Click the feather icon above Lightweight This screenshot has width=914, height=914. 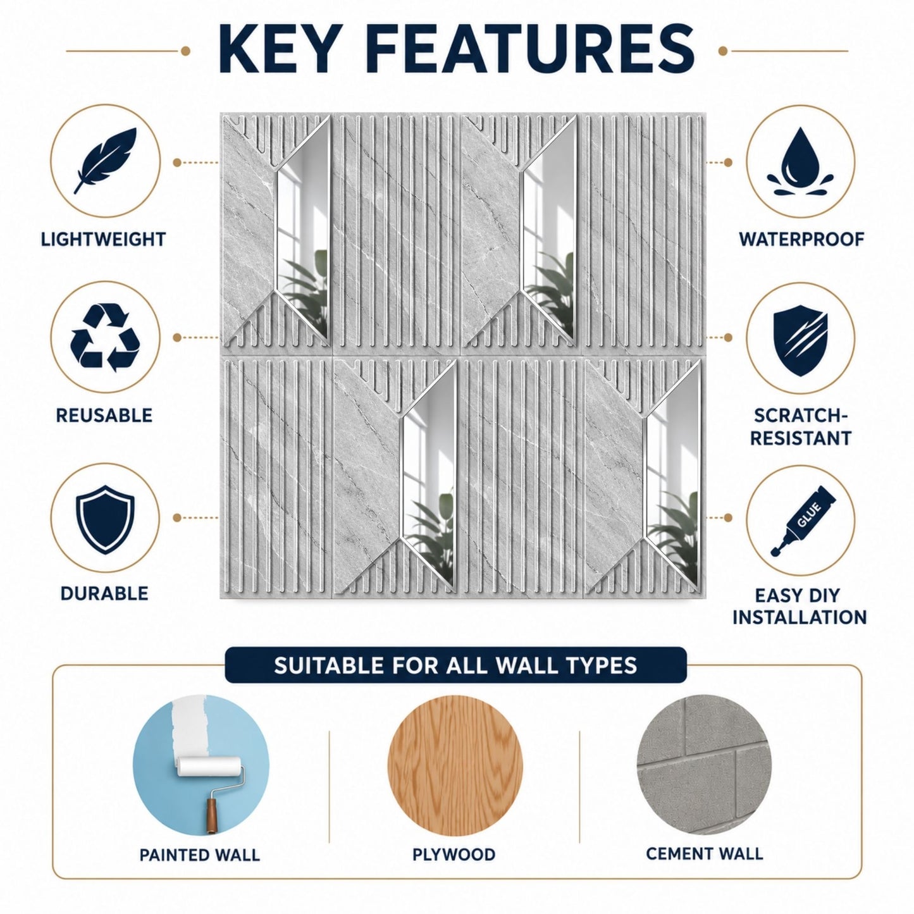click(105, 160)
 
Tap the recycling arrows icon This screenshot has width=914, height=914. click(105, 338)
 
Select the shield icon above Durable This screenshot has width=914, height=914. click(105, 519)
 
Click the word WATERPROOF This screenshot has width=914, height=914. click(801, 240)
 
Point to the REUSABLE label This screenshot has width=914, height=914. click(104, 416)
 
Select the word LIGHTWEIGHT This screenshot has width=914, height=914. click(103, 240)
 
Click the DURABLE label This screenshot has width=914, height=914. click(104, 593)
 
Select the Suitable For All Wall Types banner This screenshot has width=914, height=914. click(455, 666)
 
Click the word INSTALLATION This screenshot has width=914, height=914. click(800, 617)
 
